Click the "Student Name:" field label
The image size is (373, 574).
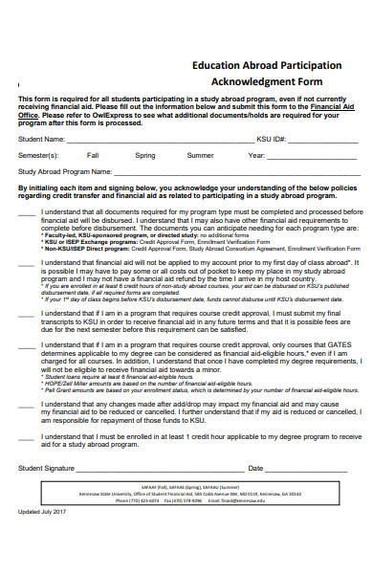(42, 139)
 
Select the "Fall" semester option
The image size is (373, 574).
(93, 155)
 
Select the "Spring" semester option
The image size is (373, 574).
(145, 155)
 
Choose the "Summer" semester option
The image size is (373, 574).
(201, 155)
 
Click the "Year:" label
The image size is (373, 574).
(256, 155)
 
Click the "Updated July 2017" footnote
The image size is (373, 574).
(41, 539)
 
